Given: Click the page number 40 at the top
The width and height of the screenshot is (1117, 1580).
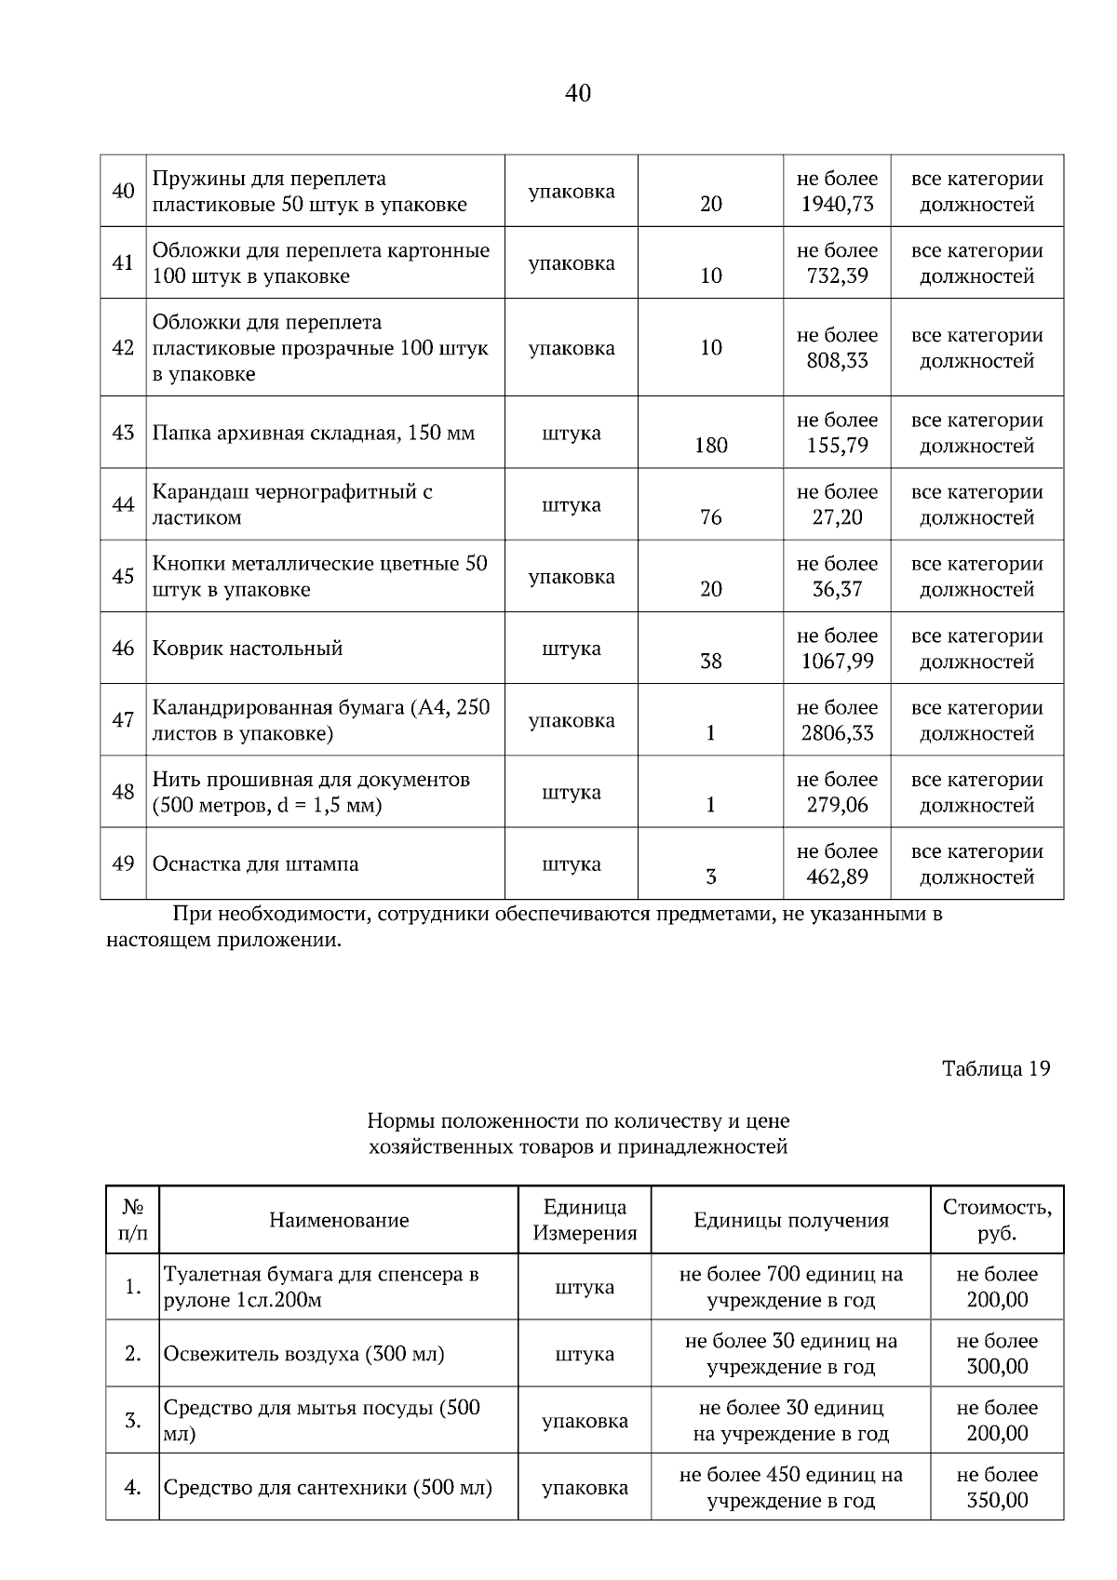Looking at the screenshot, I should (x=577, y=93).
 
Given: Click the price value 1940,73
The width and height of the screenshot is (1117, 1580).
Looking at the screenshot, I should (x=837, y=204).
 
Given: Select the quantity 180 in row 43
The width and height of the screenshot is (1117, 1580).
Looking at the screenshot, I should (x=710, y=446).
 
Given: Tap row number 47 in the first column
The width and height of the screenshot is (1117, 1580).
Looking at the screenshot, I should (x=123, y=720).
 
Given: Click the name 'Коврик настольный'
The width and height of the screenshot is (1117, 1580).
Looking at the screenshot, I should (x=248, y=649).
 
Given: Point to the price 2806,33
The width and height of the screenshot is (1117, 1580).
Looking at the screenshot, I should (x=837, y=733).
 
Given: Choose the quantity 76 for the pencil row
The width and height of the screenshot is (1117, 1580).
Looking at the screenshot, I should (x=710, y=517).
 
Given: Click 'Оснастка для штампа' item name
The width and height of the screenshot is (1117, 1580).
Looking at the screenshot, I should (x=255, y=864).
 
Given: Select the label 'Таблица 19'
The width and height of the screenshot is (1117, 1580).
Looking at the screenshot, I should (x=996, y=1068).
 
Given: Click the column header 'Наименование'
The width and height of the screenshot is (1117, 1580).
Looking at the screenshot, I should (x=339, y=1220).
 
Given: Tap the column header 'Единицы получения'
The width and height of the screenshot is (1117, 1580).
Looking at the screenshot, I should (x=790, y=1220).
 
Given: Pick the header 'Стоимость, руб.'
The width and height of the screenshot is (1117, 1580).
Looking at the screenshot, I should (x=997, y=1220).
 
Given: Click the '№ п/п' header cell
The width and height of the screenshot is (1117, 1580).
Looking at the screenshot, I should (x=133, y=1220).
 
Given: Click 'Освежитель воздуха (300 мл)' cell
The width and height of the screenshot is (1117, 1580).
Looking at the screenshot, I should (x=304, y=1354).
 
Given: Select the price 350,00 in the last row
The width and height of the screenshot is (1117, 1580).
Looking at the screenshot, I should (x=997, y=1500).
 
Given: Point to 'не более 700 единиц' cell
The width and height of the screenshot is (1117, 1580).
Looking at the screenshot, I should (x=790, y=1275).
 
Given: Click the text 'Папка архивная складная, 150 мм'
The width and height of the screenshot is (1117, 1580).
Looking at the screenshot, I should (x=314, y=433).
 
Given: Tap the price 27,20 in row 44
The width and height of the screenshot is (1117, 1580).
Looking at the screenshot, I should (x=837, y=517).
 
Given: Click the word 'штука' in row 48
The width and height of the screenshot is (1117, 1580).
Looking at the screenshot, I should (x=571, y=793).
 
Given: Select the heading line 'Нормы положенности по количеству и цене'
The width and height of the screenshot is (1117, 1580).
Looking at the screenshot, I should (x=578, y=1120).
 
